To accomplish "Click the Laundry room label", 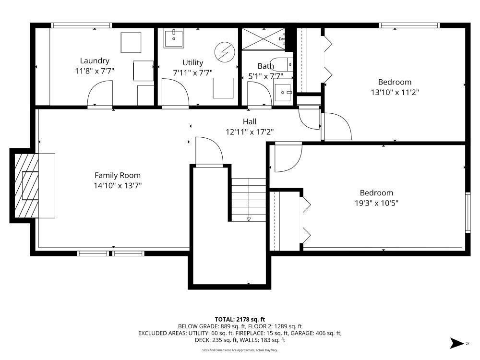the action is click(x=95, y=61).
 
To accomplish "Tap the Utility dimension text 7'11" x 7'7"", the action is click(x=192, y=73).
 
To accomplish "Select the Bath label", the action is click(x=265, y=66).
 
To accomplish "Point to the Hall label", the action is click(x=250, y=121).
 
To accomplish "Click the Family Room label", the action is click(x=118, y=175).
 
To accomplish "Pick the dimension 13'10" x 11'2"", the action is click(x=395, y=92).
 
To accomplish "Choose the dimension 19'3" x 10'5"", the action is click(x=376, y=203).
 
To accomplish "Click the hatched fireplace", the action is click(x=26, y=185).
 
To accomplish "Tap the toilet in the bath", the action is click(x=282, y=64).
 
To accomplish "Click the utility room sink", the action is click(x=174, y=38).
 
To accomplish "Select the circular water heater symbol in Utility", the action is click(x=225, y=52).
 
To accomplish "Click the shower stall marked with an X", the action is click(x=264, y=38).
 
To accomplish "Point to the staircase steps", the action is click(x=248, y=200).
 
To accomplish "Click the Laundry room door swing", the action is click(x=100, y=94).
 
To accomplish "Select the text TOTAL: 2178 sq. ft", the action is click(x=240, y=320).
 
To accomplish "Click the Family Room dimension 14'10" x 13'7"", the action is click(x=118, y=185).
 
